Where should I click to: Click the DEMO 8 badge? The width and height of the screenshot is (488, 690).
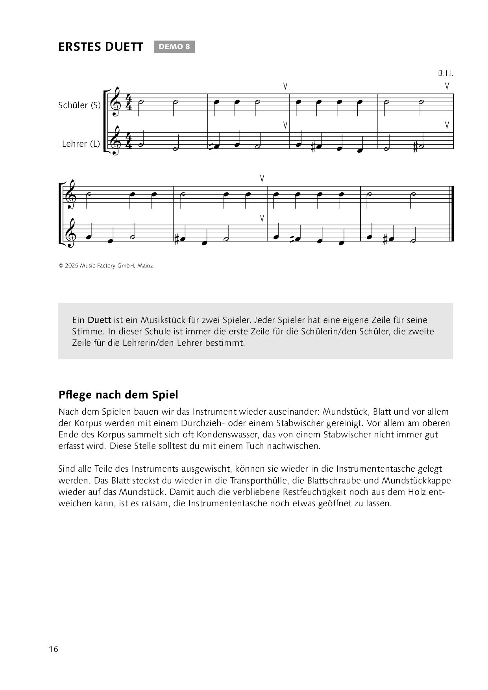coord(174,47)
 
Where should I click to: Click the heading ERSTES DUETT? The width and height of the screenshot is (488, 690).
coord(101,47)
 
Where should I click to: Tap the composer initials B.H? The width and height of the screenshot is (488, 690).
coord(445,74)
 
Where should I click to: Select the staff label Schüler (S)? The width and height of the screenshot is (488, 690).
coord(79,105)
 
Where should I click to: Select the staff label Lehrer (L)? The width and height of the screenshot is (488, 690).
coord(81,144)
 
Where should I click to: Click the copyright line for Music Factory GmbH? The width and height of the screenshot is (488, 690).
coord(105,266)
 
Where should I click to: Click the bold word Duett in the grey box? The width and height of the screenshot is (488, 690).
coord(99,320)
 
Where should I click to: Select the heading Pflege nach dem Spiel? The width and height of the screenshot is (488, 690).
coord(118,395)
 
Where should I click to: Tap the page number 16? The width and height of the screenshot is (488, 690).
coord(54,649)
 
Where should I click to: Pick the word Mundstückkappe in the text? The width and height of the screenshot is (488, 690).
coord(417,481)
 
